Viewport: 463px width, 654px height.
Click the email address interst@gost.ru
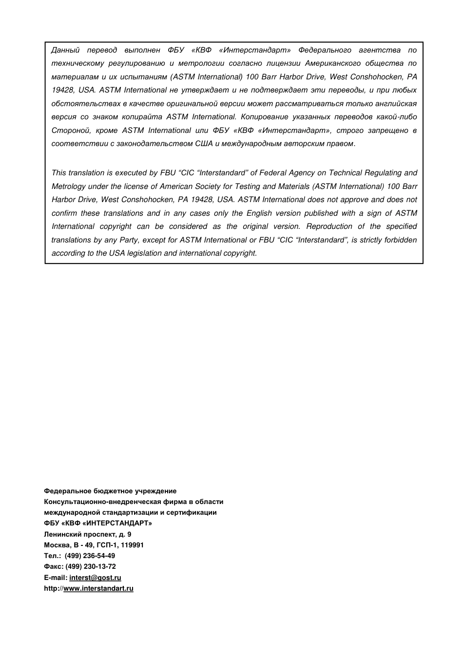click(x=95, y=578)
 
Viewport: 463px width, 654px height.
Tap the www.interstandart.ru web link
click(x=98, y=588)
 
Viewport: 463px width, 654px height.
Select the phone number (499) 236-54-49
click(x=90, y=556)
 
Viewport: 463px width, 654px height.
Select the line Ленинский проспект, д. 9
click(x=87, y=534)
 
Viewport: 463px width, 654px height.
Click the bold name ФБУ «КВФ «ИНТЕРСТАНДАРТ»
click(x=97, y=523)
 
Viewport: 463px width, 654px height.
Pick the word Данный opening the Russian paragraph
click(x=65, y=50)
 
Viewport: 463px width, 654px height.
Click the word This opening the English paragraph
click(x=58, y=173)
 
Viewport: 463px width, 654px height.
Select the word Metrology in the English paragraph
click(x=68, y=187)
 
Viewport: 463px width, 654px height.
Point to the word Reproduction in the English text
click(x=329, y=226)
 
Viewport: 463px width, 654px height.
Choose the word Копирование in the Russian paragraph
click(x=266, y=117)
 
